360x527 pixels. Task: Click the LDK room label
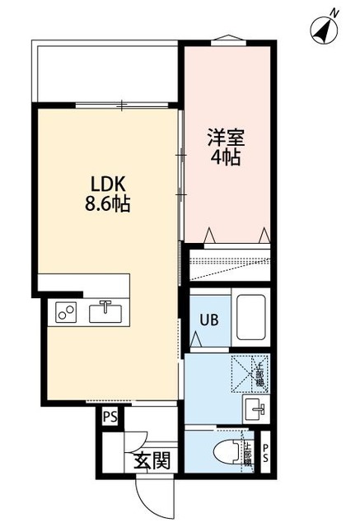click(107, 183)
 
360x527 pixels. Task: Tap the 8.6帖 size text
click(108, 204)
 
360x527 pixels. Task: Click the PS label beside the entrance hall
click(110, 418)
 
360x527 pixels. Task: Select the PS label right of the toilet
click(264, 452)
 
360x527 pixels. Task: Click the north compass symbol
click(325, 29)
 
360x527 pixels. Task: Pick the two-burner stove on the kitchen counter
click(67, 313)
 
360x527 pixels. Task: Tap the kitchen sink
click(106, 313)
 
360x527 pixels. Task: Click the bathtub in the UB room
click(251, 317)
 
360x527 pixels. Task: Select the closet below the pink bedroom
click(229, 264)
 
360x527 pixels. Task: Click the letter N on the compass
click(335, 12)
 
